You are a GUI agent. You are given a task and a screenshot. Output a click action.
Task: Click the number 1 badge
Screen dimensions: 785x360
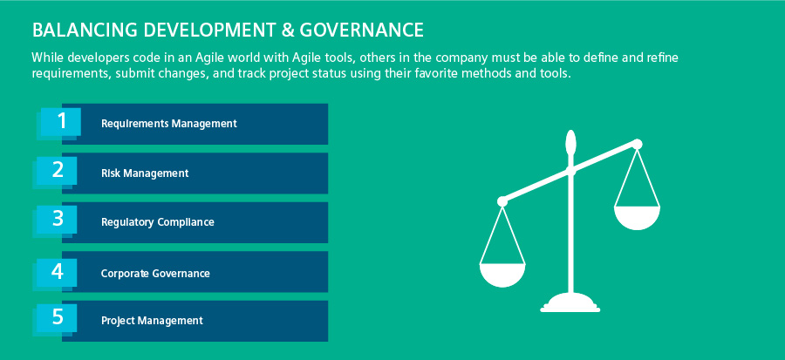point(60,121)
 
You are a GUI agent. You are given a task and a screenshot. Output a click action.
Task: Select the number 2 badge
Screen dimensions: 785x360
point(57,171)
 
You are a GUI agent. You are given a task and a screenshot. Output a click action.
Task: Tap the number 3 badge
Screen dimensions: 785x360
point(57,219)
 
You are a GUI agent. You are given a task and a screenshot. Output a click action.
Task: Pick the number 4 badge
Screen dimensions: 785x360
point(57,272)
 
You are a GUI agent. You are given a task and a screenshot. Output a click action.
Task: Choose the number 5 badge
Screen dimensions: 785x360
point(57,317)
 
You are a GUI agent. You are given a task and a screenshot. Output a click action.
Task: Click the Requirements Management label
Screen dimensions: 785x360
point(168,124)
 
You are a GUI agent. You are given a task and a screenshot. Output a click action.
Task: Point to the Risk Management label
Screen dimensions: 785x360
point(145,173)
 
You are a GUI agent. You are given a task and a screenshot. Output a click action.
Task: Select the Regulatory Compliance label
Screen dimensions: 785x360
point(157,222)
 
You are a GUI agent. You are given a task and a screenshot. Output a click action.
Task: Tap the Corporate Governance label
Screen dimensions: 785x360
point(155,274)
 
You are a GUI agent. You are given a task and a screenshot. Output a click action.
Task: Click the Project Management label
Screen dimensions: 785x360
point(152,321)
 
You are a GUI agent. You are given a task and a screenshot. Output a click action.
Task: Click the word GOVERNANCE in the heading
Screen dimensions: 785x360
point(361,31)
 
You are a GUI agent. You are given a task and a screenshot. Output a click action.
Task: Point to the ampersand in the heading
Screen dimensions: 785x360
point(287,31)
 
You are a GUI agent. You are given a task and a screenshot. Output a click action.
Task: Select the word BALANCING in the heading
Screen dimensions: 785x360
point(85,31)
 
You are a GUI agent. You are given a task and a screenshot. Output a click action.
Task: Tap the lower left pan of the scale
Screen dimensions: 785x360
point(502,275)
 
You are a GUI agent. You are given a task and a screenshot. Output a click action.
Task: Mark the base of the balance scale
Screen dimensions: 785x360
point(570,304)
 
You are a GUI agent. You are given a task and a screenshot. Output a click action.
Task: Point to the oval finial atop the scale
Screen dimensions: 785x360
point(570,141)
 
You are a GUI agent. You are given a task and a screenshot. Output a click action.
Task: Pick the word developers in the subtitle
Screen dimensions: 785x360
point(92,58)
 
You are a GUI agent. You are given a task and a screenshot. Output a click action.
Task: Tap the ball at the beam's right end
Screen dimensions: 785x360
point(637,145)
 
